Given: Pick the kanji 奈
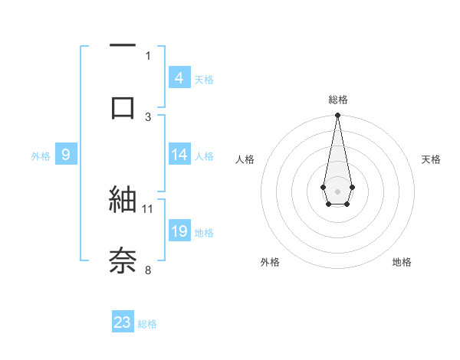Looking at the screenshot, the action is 123,260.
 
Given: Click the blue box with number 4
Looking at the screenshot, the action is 179,77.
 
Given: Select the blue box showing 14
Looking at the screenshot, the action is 179,155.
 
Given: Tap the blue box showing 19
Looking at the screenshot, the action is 179,231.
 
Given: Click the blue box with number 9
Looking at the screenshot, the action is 66,155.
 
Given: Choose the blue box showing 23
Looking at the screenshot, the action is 123,322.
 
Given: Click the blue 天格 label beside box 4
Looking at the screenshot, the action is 204,79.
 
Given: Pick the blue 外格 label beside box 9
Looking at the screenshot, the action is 41,156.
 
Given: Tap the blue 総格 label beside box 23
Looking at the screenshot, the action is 147,324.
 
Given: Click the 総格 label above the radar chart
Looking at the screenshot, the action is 337,100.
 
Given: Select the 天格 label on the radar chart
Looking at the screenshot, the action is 431,159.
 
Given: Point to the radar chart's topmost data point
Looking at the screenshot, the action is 337,116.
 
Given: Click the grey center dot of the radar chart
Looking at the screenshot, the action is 337,190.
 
